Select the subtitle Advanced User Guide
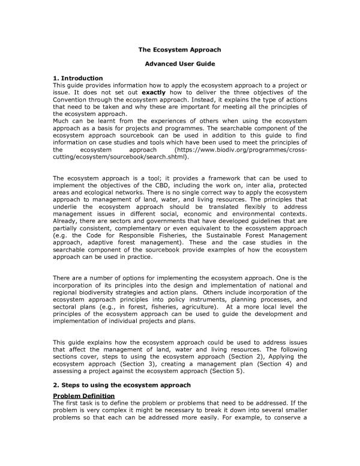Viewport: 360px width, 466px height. tap(180, 63)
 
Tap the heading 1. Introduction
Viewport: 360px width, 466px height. tap(78, 78)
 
